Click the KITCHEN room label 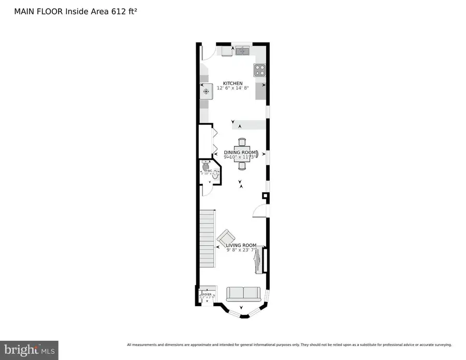pyautogui.click(x=232, y=83)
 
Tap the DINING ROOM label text pyautogui.click(x=240, y=152)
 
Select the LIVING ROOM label pyautogui.click(x=241, y=245)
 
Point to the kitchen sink pyautogui.click(x=242, y=51)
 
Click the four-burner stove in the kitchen pyautogui.click(x=259, y=70)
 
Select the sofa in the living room pyautogui.click(x=243, y=294)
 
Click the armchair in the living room pyautogui.click(x=225, y=238)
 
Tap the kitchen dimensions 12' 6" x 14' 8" pyautogui.click(x=232, y=89)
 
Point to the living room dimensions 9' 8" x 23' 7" pyautogui.click(x=241, y=250)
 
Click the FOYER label pyautogui.click(x=207, y=294)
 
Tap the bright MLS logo pyautogui.click(x=29, y=350)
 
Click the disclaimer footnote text pyautogui.click(x=289, y=344)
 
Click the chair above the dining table pyautogui.click(x=242, y=141)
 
